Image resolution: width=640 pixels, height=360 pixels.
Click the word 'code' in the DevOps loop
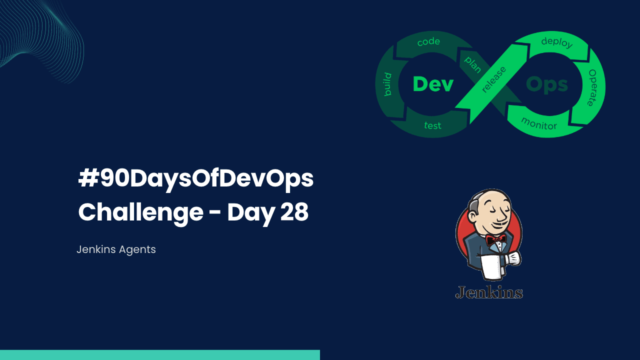[x=428, y=42]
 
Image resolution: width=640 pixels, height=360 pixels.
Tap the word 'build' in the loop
[x=387, y=84]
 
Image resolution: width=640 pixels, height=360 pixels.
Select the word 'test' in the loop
[x=432, y=125]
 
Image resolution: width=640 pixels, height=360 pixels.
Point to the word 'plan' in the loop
[x=472, y=64]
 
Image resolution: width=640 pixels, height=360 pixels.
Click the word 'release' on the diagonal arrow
[x=493, y=79]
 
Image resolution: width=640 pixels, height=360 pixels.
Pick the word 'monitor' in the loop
[x=538, y=123]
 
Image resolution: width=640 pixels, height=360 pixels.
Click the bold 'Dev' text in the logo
[x=433, y=84]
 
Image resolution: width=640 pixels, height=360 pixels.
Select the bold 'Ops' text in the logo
[x=547, y=84]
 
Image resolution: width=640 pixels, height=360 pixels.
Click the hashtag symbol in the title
[x=88, y=179]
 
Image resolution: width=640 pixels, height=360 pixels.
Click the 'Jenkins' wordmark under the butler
[x=489, y=292]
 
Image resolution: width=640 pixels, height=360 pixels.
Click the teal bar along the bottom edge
[x=160, y=355]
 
